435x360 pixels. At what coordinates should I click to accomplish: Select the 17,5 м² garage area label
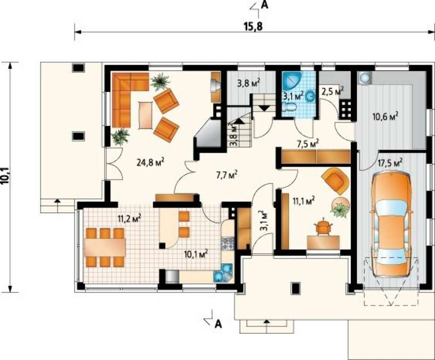click(390, 162)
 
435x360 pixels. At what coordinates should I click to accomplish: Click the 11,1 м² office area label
click(304, 200)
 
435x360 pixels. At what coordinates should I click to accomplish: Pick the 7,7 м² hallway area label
click(226, 175)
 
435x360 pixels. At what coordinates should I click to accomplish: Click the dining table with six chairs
click(105, 247)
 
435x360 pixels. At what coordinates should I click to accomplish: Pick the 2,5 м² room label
click(332, 91)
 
